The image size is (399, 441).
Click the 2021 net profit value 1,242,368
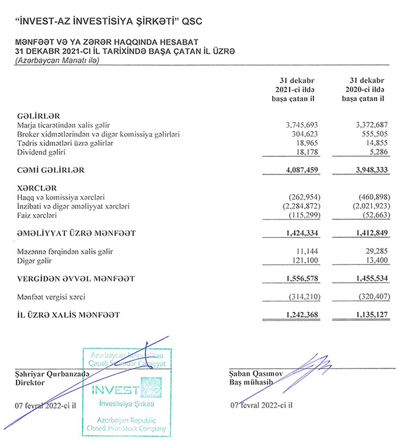coord(297,315)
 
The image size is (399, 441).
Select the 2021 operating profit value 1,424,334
coord(297,233)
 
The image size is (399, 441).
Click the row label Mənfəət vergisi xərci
coord(51,297)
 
